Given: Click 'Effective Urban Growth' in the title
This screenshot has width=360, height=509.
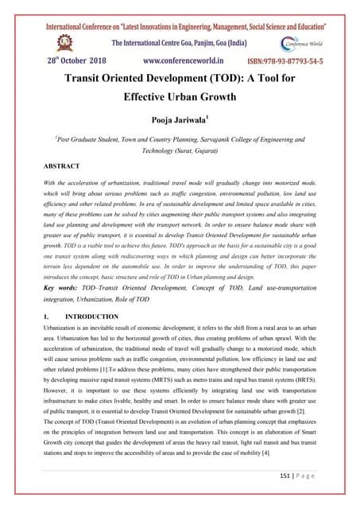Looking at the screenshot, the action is coord(180,100).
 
